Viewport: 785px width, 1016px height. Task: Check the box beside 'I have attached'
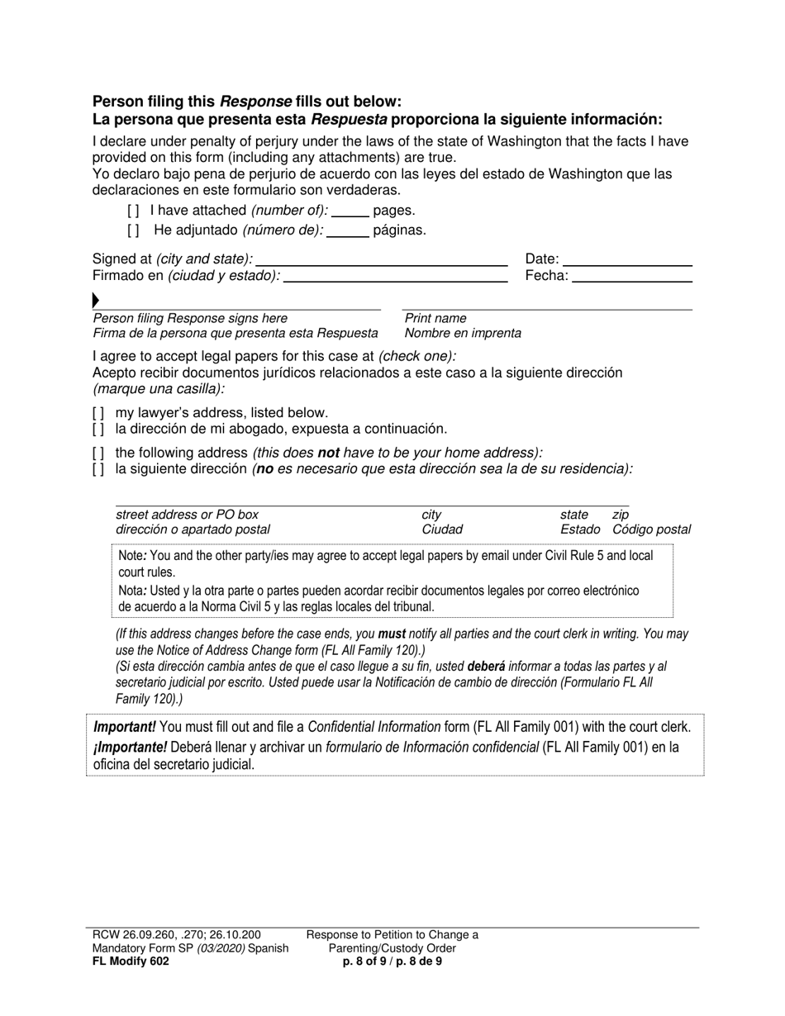click(134, 211)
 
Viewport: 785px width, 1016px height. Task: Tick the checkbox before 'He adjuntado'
click(134, 230)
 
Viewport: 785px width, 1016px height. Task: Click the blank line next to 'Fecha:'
click(631, 280)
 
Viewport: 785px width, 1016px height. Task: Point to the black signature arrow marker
click(96, 300)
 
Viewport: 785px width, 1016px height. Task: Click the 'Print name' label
click(435, 318)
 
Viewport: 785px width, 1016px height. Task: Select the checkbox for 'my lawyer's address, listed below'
click(98, 413)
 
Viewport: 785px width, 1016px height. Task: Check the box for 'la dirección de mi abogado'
click(98, 430)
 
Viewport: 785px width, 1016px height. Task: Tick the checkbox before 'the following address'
click(98, 453)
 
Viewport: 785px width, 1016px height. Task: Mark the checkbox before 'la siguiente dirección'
click(98, 469)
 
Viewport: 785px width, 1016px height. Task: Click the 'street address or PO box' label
click(187, 515)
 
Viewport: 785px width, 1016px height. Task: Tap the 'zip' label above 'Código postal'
click(621, 515)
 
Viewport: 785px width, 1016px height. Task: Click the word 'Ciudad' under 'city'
click(442, 529)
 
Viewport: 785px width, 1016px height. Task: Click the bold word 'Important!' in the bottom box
click(125, 727)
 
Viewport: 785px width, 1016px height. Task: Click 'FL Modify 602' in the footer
click(131, 961)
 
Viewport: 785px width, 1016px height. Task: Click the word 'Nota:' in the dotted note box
click(133, 591)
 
